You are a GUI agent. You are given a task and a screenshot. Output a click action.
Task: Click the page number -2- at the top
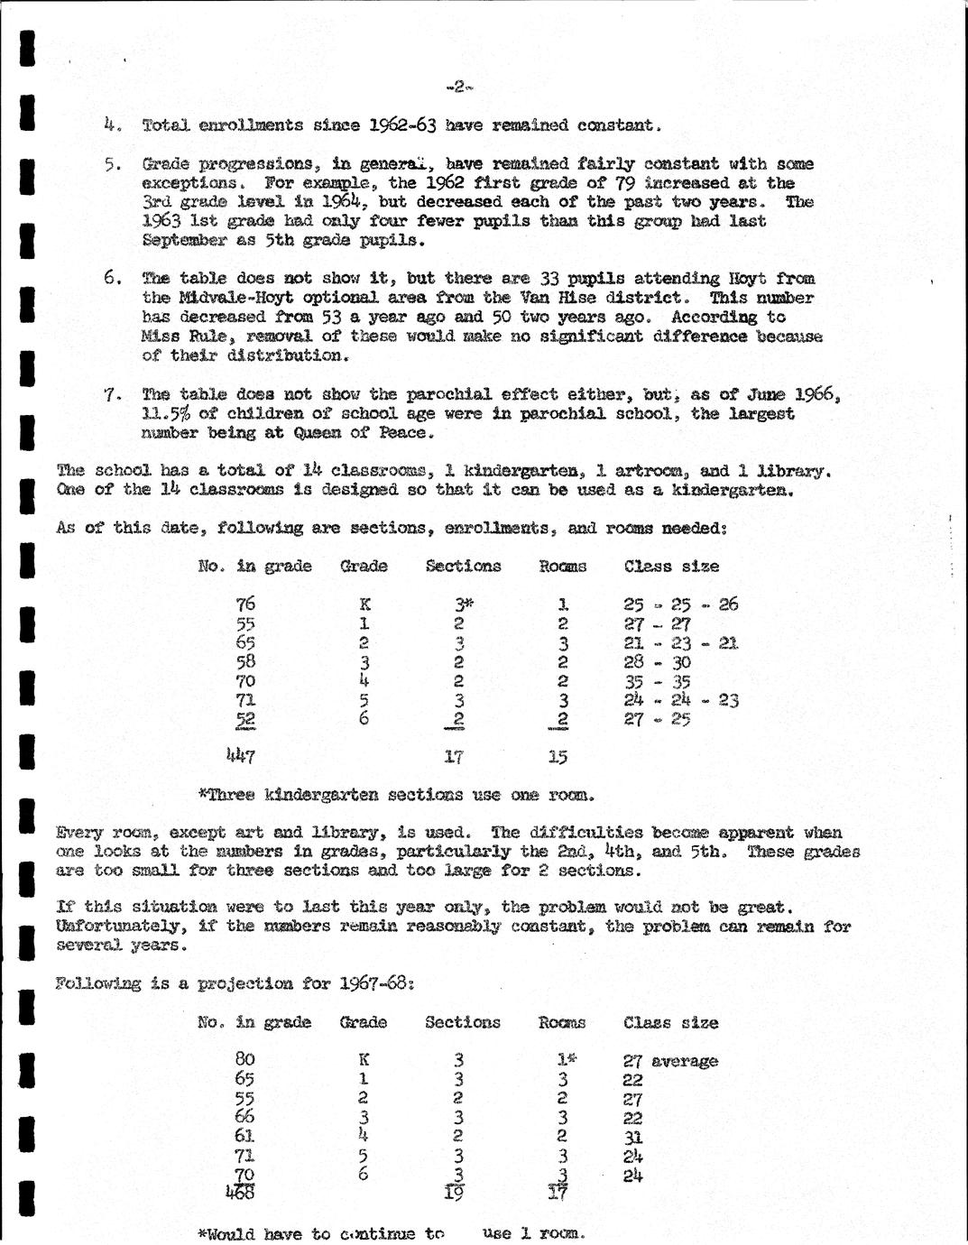[459, 87]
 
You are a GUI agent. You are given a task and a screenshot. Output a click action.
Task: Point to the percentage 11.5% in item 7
[171, 413]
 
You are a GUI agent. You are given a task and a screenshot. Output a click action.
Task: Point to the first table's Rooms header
[562, 567]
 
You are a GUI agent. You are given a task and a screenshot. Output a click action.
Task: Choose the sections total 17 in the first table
[455, 757]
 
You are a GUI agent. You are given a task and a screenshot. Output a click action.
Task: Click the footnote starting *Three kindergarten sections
[396, 795]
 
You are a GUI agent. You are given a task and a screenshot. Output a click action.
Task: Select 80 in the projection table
[244, 1059]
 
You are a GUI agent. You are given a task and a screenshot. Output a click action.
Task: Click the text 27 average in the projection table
[670, 1061]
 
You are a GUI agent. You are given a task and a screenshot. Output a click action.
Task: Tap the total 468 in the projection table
[241, 1191]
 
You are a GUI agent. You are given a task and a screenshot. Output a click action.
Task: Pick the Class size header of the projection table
[670, 1023]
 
